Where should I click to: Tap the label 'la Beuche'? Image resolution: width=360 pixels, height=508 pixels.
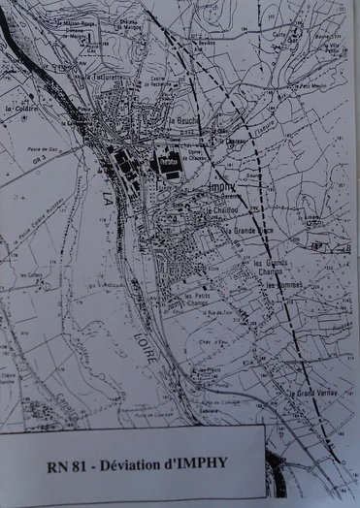point(184,121)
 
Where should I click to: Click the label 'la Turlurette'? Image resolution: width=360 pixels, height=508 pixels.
point(103,75)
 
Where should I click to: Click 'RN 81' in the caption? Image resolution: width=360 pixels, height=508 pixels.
point(66,462)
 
